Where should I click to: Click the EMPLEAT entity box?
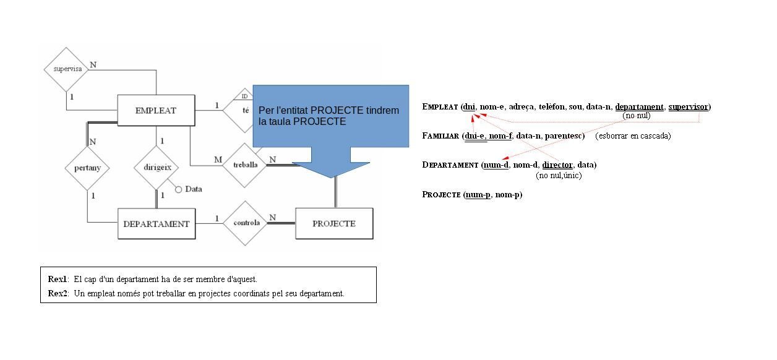pos(155,111)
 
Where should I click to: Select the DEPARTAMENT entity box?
pos(156,224)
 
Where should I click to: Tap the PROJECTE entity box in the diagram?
pos(334,223)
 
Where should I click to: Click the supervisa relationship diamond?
pos(67,69)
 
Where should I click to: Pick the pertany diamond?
pos(87,168)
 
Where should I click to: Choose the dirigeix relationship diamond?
pos(156,167)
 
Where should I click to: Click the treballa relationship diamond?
pos(245,165)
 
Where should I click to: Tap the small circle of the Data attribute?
pos(179,189)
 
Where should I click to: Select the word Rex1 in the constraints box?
pos(58,279)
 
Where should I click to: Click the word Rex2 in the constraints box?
pos(58,293)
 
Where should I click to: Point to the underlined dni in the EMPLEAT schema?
pos(470,107)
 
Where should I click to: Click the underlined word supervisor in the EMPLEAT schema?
pos(688,107)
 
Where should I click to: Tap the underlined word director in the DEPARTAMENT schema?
pos(557,165)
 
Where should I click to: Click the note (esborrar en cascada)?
pos(633,136)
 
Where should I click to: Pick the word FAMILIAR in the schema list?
pos(440,136)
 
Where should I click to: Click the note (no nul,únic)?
pos(559,176)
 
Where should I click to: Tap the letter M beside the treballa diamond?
pos(218,160)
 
